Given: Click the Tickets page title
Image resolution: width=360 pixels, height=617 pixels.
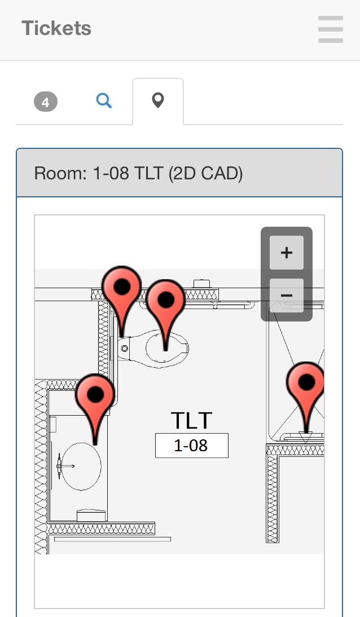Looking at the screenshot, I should pos(56,28).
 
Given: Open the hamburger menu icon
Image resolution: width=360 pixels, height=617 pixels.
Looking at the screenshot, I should pos(330,29).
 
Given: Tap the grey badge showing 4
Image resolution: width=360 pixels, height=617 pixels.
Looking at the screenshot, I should pos(46,102).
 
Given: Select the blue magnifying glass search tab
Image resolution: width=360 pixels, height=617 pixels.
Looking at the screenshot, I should pos(104,101).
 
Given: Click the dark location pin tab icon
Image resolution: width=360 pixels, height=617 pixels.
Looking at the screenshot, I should pos(158,100).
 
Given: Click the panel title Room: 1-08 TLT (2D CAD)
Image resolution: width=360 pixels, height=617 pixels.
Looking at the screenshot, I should pos(138,173).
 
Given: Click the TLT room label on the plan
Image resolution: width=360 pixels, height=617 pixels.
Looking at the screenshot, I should pos(191,421).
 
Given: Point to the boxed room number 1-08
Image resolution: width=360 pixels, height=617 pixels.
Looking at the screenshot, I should pos(191,446).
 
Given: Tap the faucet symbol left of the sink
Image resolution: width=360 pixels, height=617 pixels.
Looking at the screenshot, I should pos(60,466).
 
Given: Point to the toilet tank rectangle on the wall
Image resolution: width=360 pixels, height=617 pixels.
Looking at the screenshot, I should pos(125,349).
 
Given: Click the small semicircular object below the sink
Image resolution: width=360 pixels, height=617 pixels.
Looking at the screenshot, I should pos(91,515).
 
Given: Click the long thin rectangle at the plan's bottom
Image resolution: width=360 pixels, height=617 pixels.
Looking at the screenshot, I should pos(112,540).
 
